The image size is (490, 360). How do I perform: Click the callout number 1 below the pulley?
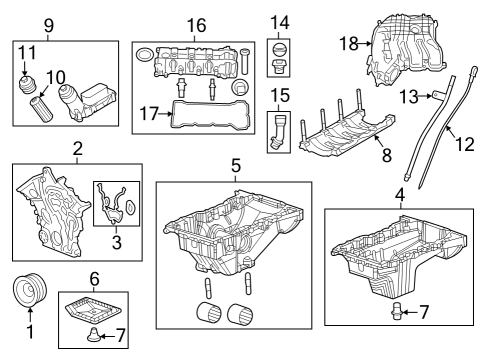(29, 331)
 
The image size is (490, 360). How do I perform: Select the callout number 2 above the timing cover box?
(76, 150)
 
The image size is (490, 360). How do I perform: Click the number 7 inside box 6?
(122, 335)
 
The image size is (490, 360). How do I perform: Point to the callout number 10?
(58, 76)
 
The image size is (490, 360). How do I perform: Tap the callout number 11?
(29, 51)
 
